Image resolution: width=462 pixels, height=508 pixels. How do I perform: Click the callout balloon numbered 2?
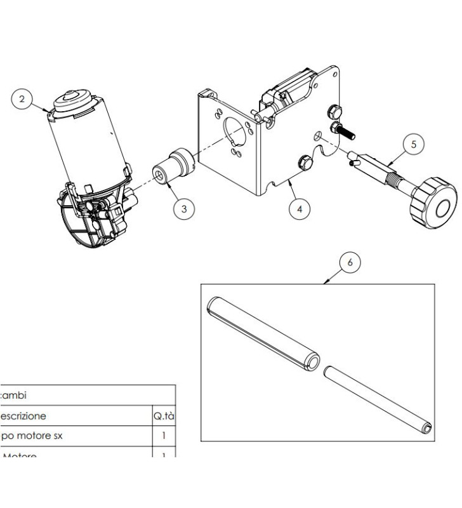coord(23,99)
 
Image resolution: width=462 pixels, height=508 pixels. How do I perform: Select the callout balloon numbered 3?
coord(184,208)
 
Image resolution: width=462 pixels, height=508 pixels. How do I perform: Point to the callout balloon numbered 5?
coord(414,144)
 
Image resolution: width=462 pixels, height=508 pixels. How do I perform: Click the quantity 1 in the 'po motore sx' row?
coord(164,436)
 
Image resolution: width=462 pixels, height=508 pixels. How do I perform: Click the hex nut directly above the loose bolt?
coord(331,112)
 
